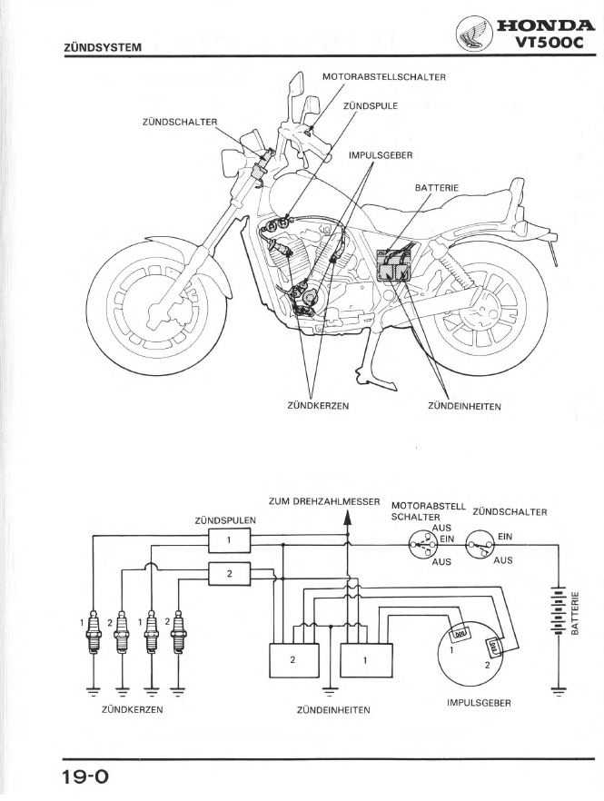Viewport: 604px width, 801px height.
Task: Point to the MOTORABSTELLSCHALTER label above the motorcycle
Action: [384, 77]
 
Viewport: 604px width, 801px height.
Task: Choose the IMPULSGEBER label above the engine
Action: [381, 155]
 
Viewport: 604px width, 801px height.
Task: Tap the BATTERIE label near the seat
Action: [437, 188]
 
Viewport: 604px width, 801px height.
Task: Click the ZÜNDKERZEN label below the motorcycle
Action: [318, 406]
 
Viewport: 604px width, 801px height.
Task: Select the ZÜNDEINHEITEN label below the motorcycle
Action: [464, 406]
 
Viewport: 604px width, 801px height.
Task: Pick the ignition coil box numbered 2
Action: [230, 573]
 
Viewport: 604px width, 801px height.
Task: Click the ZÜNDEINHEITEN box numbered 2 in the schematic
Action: [292, 660]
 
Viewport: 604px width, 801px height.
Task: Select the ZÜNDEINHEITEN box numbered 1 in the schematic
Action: [365, 660]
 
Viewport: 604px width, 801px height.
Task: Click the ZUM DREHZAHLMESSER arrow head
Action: [346, 519]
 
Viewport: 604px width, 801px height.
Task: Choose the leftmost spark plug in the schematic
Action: [92, 631]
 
